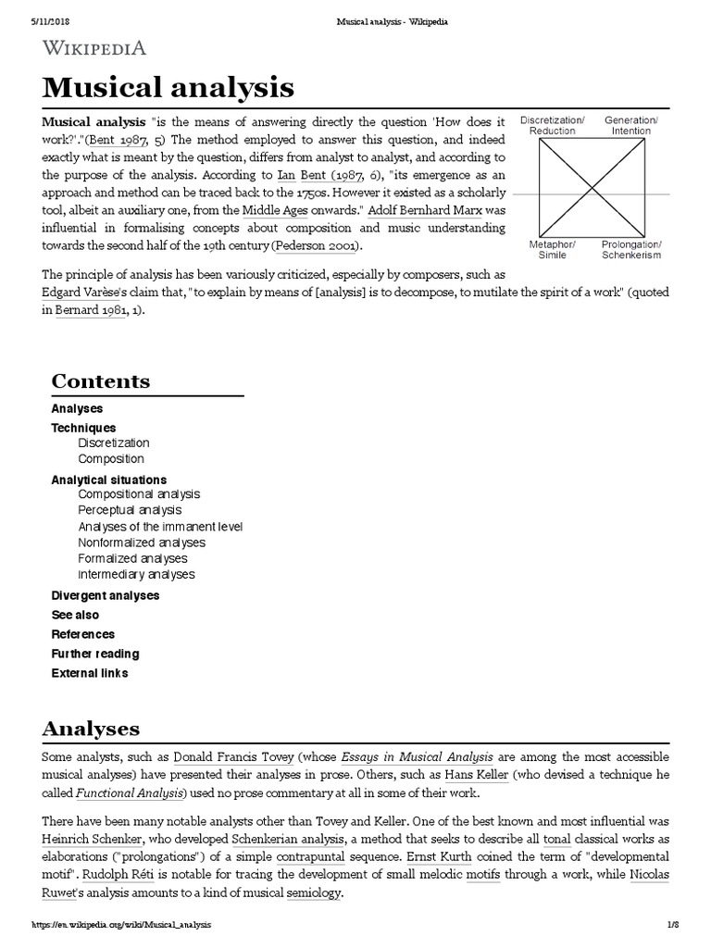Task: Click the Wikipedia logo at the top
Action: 94,48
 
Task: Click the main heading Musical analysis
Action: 168,88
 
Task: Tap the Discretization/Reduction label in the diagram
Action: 552,126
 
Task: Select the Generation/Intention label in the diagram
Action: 630,126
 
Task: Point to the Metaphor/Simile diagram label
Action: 552,249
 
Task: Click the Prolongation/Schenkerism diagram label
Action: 630,249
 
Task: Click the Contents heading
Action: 100,381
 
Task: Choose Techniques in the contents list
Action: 83,428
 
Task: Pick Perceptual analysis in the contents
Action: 130,510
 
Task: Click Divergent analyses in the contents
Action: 105,595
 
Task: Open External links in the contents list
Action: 89,673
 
